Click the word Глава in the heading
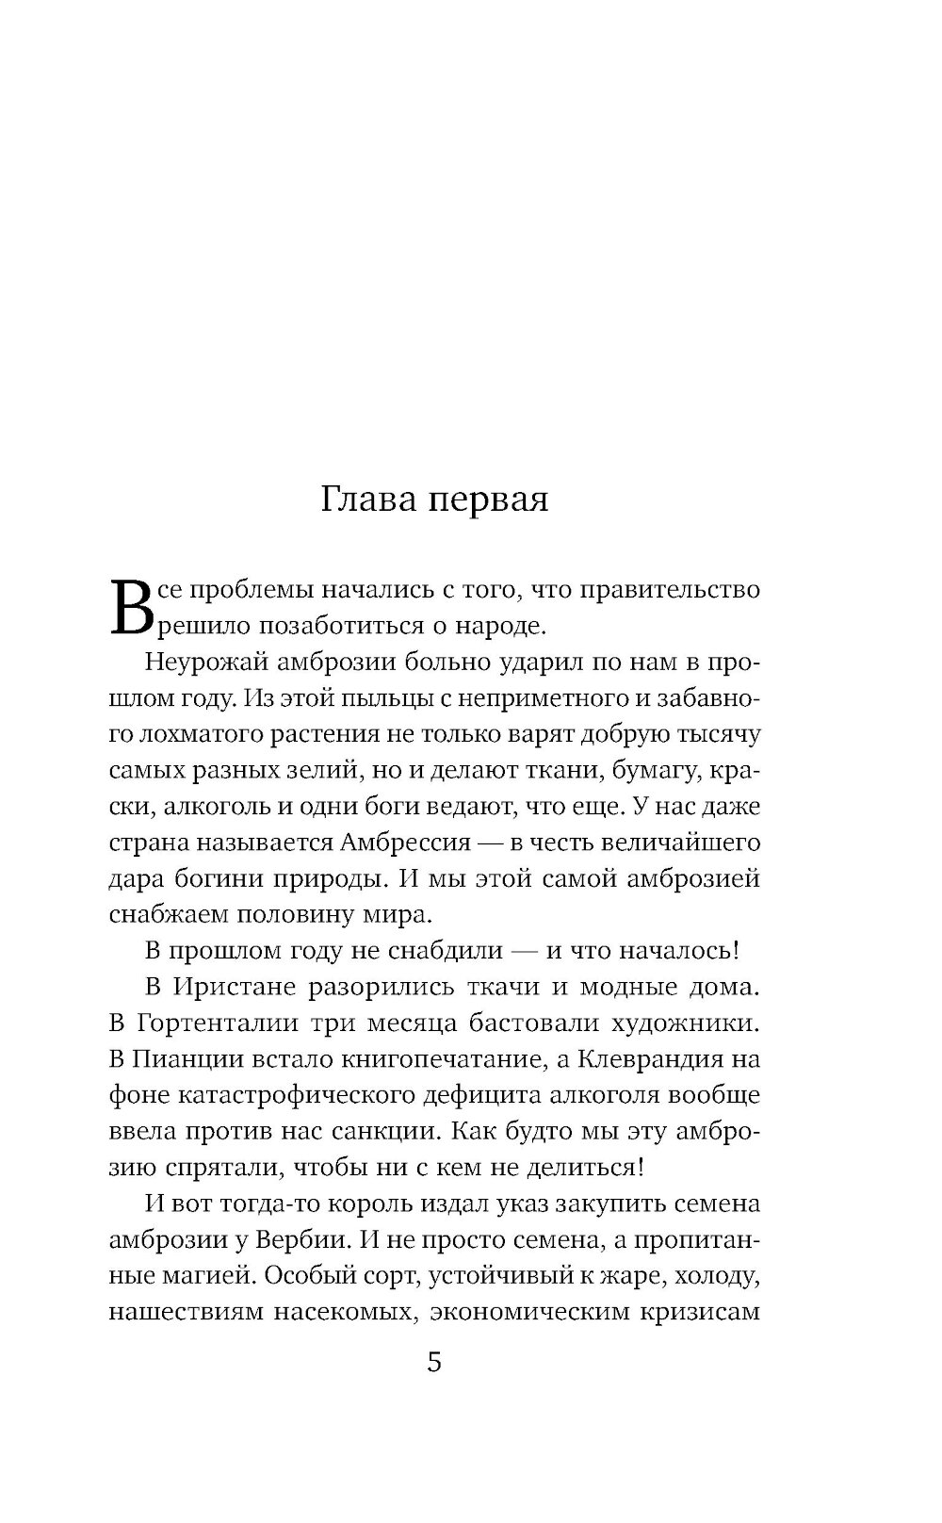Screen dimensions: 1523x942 point(367,499)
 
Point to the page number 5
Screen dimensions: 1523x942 point(434,1362)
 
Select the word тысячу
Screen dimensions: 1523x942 point(716,734)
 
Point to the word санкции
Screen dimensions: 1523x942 point(378,1130)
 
